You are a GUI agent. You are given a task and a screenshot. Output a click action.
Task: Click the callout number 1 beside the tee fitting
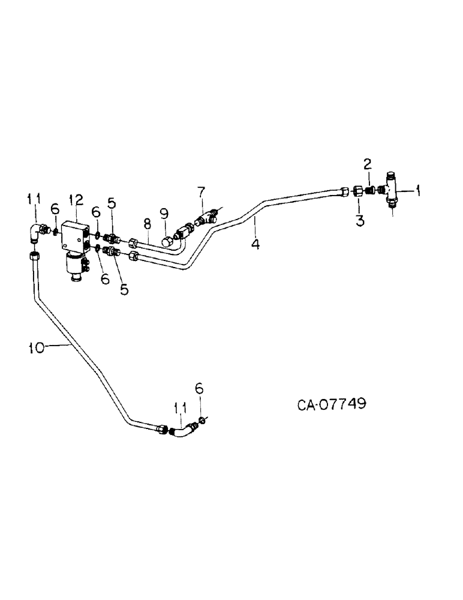pos(418,191)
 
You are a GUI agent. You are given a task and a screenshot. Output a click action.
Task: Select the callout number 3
pos(360,220)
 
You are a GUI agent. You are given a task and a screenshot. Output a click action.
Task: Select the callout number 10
pos(37,347)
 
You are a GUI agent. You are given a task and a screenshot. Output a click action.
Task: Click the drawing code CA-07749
pos(332,403)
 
